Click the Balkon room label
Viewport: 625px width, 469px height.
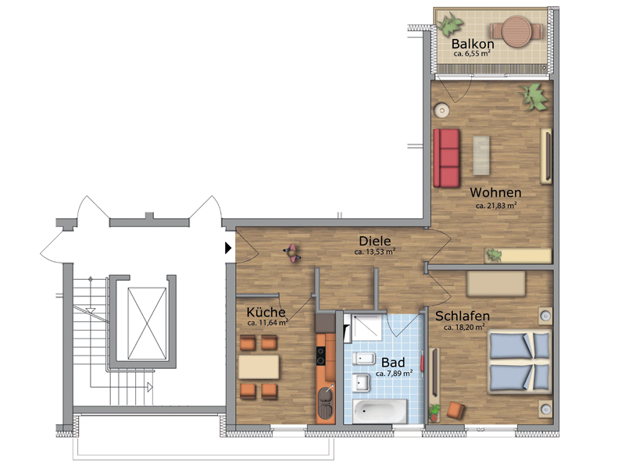coord(473,44)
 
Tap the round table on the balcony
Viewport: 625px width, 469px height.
coord(516,31)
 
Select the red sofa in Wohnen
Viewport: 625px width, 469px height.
coord(446,158)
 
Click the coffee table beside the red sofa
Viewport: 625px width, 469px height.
coord(481,155)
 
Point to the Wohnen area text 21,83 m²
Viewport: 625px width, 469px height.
coord(496,206)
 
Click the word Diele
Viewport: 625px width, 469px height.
coord(375,241)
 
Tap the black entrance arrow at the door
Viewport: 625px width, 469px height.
coord(228,248)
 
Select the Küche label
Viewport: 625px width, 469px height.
coord(266,312)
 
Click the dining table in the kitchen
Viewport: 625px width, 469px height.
coord(259,367)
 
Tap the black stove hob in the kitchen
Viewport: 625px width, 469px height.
coord(321,356)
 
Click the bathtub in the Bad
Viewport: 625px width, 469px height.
coord(380,411)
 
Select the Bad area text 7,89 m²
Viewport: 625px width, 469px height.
coord(394,374)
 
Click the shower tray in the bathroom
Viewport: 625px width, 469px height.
coord(366,328)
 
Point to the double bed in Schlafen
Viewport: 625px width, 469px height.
coord(520,361)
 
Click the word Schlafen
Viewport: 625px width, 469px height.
coord(462,316)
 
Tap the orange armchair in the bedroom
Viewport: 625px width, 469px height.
coord(455,410)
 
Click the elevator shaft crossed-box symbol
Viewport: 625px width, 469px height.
coord(147,324)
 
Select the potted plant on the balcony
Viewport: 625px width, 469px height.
coord(449,23)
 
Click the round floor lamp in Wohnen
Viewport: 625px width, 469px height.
coord(441,110)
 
